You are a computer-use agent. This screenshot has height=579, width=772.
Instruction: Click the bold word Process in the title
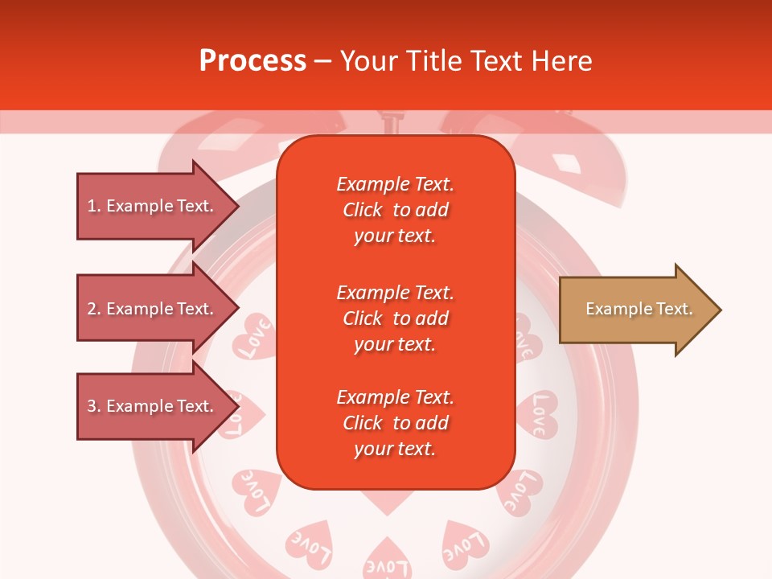tap(253, 61)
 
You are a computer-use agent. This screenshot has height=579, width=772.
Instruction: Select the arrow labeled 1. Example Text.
tap(153, 206)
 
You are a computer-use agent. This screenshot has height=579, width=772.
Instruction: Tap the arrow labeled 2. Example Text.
tap(153, 309)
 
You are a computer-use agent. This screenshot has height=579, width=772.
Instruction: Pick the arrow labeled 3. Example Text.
tap(153, 406)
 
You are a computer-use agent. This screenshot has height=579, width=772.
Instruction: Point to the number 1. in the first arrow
tap(94, 206)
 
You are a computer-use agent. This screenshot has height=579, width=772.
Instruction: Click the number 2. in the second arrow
tap(94, 309)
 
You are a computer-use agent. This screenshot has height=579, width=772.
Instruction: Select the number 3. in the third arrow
tap(94, 406)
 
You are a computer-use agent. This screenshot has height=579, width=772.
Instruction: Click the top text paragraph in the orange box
tap(395, 210)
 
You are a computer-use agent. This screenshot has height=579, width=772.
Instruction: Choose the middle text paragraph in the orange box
tap(395, 318)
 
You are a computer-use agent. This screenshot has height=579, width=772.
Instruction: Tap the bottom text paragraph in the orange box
tap(395, 423)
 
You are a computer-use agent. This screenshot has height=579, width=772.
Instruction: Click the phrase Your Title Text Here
tap(466, 61)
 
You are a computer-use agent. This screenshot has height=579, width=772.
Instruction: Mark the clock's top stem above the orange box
tap(392, 122)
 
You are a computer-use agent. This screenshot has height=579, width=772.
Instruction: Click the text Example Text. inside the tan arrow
tap(639, 309)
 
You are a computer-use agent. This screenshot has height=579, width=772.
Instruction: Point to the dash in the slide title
tap(323, 61)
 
